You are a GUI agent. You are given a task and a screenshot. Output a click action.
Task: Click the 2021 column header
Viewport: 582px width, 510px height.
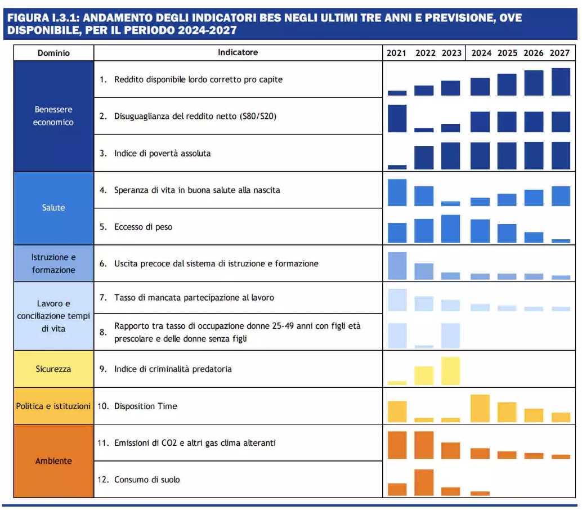pyautogui.click(x=396, y=53)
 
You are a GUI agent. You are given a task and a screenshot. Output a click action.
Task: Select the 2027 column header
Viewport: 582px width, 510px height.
pyautogui.click(x=559, y=53)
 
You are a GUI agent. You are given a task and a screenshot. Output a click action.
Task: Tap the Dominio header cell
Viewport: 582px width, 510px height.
pyautogui.click(x=53, y=53)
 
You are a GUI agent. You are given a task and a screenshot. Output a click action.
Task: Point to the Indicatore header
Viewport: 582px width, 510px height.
pyautogui.click(x=238, y=52)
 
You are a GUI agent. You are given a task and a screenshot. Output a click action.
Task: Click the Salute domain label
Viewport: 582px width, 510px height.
pyautogui.click(x=53, y=208)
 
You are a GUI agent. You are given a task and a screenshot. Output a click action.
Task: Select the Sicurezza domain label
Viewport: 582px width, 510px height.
pyautogui.click(x=53, y=369)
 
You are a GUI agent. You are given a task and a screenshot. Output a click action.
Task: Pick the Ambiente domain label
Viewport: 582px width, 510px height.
pyautogui.click(x=53, y=461)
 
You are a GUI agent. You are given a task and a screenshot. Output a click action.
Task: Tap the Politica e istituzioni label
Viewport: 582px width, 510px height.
pyautogui.click(x=53, y=406)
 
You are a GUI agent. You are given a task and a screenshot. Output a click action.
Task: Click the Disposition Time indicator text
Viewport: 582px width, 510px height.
pyautogui.click(x=145, y=406)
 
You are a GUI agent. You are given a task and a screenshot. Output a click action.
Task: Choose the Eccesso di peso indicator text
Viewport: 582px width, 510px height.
pyautogui.click(x=143, y=227)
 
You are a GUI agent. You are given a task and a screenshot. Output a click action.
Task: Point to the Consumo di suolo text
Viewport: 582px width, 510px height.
pyautogui.click(x=147, y=480)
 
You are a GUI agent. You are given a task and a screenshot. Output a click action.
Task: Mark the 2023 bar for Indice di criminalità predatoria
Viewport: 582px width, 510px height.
pyautogui.click(x=450, y=371)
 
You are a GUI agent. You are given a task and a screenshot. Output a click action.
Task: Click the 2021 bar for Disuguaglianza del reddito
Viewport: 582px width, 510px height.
pyautogui.click(x=397, y=118)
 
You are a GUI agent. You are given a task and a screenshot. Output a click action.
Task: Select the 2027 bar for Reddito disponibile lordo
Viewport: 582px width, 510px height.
pyautogui.click(x=561, y=82)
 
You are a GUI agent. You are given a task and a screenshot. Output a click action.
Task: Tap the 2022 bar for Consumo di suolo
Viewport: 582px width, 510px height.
pyautogui.click(x=424, y=482)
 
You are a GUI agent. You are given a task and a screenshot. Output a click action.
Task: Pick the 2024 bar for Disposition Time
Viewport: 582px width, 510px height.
pyautogui.click(x=480, y=409)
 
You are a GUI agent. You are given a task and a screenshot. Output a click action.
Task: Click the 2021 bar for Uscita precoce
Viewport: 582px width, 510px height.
pyautogui.click(x=397, y=266)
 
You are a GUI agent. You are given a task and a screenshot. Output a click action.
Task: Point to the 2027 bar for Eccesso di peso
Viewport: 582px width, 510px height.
pyautogui.click(x=561, y=241)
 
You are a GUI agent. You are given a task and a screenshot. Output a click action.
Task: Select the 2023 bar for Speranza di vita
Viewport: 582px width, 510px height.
pyautogui.click(x=450, y=204)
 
